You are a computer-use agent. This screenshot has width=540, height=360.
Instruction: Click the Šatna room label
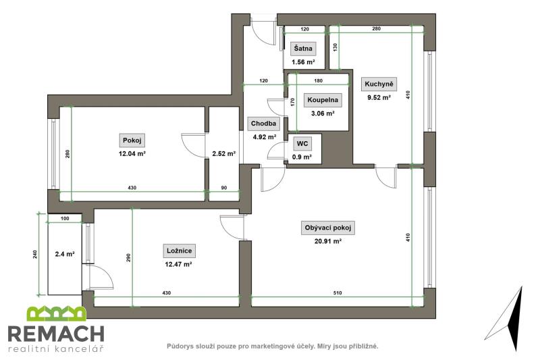tap(303, 49)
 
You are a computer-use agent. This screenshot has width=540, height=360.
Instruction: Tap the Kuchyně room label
tap(379, 84)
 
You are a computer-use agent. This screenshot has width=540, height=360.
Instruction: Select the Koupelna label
tap(323, 100)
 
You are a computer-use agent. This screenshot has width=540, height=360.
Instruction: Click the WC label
tap(302, 143)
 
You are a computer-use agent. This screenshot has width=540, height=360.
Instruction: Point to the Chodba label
tap(263, 124)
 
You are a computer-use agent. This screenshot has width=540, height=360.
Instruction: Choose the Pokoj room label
tap(132, 140)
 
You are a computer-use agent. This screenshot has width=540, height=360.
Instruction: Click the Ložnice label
tap(179, 251)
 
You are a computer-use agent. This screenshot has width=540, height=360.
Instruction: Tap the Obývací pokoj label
tap(328, 228)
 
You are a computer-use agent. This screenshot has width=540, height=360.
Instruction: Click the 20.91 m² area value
tap(328, 241)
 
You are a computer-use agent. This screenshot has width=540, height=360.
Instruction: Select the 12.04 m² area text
tap(132, 153)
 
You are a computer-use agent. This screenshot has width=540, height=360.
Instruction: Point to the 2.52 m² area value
tap(224, 153)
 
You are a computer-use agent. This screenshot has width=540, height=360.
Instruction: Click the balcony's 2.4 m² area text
tap(65, 254)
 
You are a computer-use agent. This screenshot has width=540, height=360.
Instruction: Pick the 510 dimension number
tap(337, 293)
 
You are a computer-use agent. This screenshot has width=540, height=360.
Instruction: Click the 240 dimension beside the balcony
tap(35, 254)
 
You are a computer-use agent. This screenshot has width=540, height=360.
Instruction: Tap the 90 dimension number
tap(224, 188)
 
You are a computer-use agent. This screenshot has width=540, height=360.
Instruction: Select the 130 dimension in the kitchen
tap(335, 47)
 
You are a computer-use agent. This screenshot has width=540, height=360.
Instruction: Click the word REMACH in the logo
tap(56, 334)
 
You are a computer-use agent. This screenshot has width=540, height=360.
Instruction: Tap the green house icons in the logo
tap(57, 313)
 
